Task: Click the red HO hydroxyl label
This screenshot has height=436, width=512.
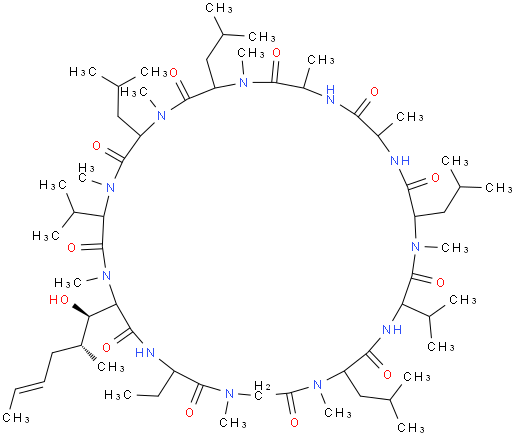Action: click(59, 299)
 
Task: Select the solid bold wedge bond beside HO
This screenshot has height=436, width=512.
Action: click(81, 311)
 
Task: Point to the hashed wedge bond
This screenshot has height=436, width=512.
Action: click(88, 353)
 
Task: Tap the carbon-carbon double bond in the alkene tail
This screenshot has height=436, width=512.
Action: click(28, 388)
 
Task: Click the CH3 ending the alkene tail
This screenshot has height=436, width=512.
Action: click(16, 417)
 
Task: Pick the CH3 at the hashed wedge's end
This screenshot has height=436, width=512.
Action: click(111, 367)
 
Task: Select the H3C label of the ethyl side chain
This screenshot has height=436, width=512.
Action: click(117, 395)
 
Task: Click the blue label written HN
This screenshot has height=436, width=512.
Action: click(145, 352)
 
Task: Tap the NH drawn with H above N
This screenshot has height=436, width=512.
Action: click(330, 95)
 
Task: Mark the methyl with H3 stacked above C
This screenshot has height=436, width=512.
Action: click(86, 172)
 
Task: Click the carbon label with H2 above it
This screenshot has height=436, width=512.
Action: click(261, 391)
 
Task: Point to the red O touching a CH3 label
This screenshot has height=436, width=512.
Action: click(173, 73)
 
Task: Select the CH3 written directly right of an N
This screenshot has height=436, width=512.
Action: click(455, 248)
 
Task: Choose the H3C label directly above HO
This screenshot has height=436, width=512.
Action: click(68, 283)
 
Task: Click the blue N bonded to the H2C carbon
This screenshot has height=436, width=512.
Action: click(229, 393)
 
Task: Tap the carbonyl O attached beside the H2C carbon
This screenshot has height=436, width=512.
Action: click(294, 422)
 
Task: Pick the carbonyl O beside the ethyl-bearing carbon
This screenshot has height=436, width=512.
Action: click(189, 413)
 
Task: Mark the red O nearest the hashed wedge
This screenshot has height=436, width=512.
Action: click(106, 348)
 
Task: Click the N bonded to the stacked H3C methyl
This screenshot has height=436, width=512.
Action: click(110, 187)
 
